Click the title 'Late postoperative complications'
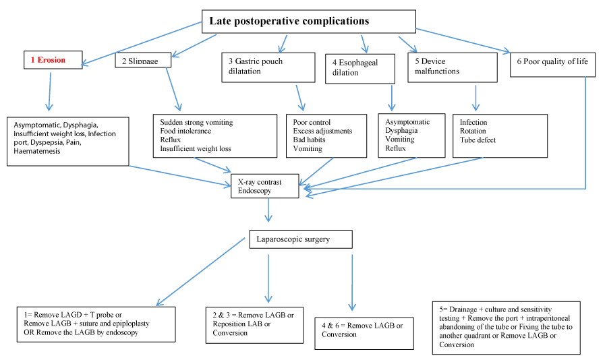[x=289, y=21]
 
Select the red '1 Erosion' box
[x=53, y=60]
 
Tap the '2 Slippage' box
[x=143, y=60]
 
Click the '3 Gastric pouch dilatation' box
[x=268, y=67]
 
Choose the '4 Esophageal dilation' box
[x=360, y=69]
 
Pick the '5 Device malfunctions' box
[x=453, y=67]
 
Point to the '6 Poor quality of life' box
[x=552, y=65]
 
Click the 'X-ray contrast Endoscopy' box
[x=265, y=186]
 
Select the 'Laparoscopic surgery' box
[x=301, y=239]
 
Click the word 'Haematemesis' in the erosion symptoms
[x=37, y=152]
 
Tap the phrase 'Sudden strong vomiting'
[x=197, y=122]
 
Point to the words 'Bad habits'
[x=309, y=140]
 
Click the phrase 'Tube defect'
[x=478, y=140]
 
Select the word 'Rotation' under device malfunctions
[x=473, y=131]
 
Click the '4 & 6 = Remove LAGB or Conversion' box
[x=364, y=334]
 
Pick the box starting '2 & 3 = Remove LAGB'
[x=254, y=325]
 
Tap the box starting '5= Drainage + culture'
[x=507, y=328]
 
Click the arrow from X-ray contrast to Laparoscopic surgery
[x=268, y=210]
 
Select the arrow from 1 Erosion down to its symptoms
[x=49, y=92]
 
